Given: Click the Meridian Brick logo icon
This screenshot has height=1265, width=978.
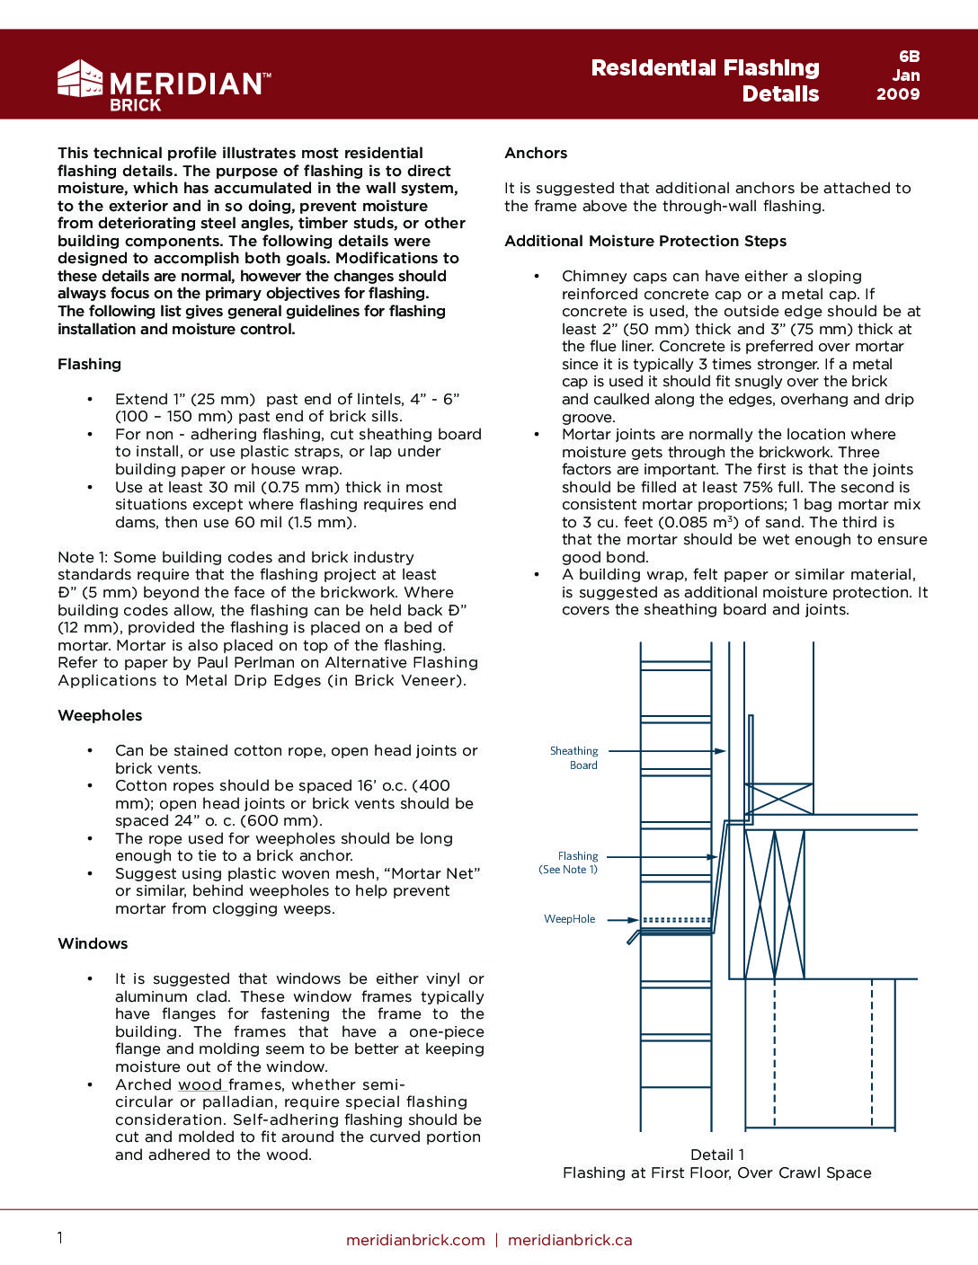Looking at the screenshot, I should (80, 79).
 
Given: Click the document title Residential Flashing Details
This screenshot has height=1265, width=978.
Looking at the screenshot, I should (705, 81).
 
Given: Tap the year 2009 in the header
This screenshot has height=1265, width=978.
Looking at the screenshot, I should (898, 93).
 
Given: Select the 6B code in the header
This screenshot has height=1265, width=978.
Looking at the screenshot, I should (909, 57).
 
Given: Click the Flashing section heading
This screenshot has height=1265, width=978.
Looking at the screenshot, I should (89, 364).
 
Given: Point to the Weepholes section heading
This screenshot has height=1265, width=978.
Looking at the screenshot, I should (100, 715).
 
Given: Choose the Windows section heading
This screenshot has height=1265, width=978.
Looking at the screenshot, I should (93, 943).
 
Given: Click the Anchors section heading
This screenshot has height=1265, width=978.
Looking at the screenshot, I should (536, 153).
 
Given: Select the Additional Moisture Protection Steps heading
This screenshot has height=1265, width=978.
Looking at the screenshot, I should (645, 241).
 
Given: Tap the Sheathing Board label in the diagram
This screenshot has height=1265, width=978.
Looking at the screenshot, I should (574, 757).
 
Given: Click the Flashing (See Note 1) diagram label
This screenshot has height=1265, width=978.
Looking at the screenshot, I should (569, 862).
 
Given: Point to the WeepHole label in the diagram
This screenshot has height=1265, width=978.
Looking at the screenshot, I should (569, 919).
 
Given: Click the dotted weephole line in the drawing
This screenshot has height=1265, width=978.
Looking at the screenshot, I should (676, 920).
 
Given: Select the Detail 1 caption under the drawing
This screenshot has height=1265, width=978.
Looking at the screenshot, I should (716, 1154).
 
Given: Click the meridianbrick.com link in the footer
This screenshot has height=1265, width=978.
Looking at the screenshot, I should (415, 1240).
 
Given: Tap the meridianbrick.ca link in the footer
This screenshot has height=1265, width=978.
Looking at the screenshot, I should (570, 1240).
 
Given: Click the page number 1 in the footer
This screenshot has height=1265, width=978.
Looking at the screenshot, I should (60, 1238).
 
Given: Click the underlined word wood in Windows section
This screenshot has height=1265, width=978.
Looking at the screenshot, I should (200, 1084).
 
